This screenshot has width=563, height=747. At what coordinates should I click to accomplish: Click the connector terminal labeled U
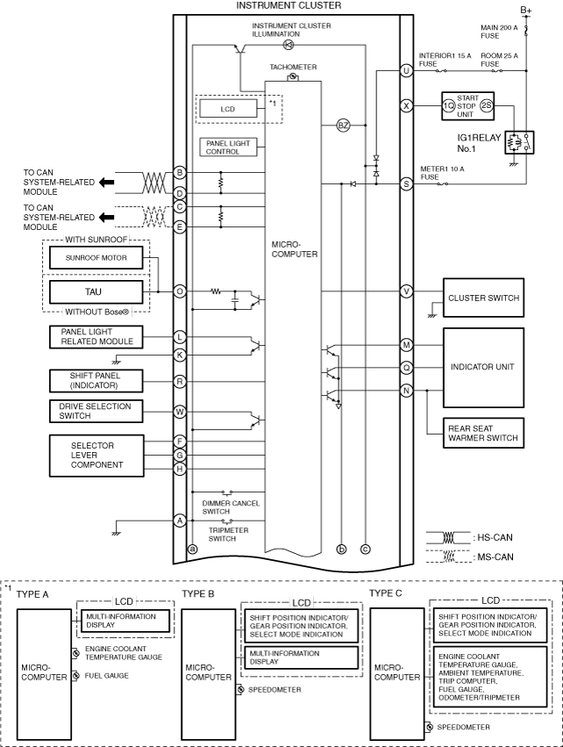406,71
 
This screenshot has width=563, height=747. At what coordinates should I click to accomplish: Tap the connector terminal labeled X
406,105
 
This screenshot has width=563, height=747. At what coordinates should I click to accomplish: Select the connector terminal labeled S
406,183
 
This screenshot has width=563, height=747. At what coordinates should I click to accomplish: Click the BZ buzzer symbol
343,126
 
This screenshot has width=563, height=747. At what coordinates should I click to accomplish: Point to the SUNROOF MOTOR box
96,258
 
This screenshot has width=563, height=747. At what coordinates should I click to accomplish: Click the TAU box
96,292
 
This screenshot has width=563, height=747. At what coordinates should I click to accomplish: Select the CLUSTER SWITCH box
483,298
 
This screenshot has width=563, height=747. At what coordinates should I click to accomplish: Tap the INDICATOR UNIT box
483,367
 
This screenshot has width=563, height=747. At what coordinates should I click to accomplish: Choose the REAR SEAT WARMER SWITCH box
483,433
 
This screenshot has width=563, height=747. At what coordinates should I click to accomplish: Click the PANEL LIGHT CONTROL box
228,147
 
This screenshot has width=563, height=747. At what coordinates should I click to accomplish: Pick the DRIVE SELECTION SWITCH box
96,411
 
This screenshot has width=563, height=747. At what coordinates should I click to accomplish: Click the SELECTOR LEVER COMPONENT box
96,456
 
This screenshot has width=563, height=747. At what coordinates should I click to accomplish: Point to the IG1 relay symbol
519,142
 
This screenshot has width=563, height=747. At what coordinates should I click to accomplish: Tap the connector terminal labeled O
180,291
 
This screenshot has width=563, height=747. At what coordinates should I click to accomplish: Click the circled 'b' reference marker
341,549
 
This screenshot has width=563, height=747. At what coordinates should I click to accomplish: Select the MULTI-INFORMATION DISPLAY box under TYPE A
125,621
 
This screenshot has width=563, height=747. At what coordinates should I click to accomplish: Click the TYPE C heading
386,593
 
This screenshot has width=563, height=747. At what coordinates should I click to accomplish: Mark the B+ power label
526,10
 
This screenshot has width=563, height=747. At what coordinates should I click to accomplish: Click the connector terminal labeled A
180,521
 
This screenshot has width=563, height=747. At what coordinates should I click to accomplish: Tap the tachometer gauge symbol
293,76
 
